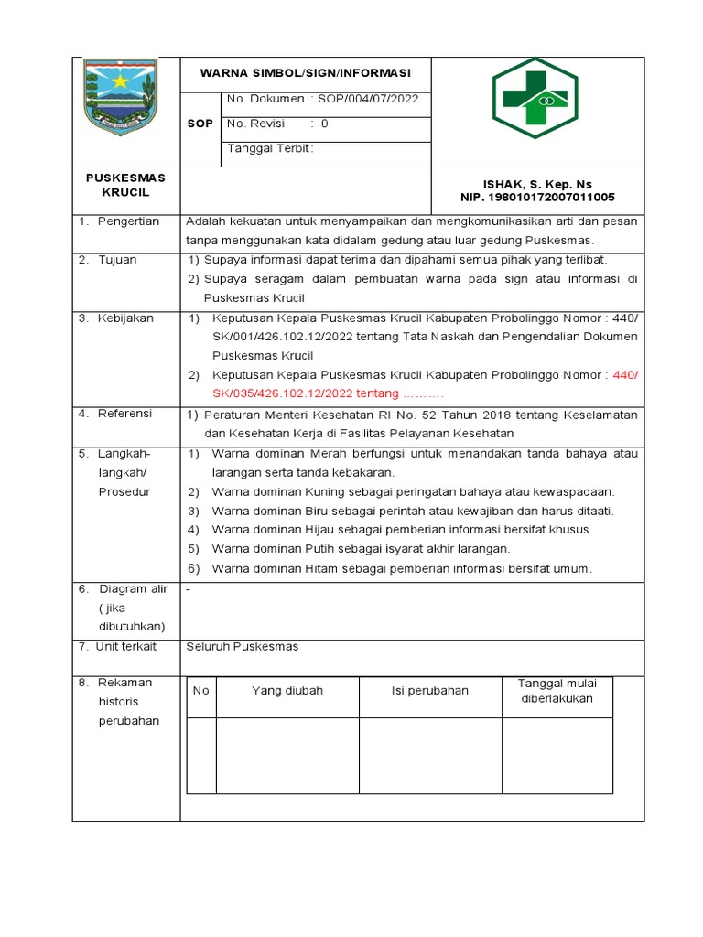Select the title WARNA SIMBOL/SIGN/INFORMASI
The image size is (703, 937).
(306, 73)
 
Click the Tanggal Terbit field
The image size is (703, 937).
(270, 149)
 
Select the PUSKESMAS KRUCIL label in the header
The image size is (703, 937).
(126, 185)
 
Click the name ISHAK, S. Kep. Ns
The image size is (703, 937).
(537, 184)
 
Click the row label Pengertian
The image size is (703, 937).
(128, 221)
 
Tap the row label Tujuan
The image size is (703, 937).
(117, 260)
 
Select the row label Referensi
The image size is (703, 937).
(124, 414)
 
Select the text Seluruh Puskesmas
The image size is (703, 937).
(243, 647)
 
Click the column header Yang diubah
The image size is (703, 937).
(287, 691)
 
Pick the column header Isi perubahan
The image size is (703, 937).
(429, 691)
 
